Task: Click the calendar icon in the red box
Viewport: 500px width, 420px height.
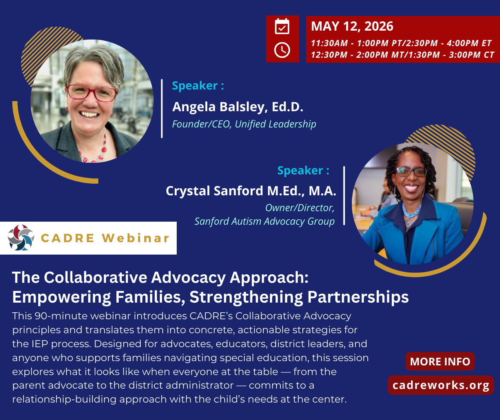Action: (282, 26)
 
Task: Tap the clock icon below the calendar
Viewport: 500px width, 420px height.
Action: (282, 50)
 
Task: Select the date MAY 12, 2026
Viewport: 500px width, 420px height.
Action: (352, 26)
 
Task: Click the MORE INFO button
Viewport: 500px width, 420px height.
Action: (440, 361)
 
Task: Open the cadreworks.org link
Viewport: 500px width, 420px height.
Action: (441, 385)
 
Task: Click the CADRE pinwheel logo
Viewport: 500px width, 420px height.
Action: (21, 238)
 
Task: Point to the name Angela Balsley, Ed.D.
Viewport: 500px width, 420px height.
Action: (237, 107)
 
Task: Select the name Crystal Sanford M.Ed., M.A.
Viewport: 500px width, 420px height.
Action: (251, 191)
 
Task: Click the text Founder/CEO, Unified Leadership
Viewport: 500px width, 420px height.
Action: (244, 124)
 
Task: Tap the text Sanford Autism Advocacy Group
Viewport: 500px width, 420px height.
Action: (264, 221)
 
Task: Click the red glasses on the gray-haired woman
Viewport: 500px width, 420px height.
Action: (92, 93)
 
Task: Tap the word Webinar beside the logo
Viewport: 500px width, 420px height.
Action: (136, 238)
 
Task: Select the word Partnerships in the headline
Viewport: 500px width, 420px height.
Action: (358, 297)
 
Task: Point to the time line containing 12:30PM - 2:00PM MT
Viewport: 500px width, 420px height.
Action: (402, 55)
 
